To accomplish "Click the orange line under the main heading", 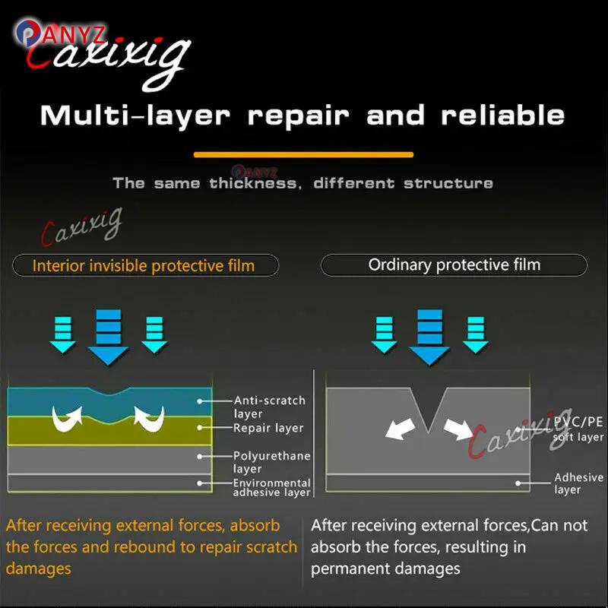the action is tap(303, 155).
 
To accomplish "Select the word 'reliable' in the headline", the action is tap(502, 115).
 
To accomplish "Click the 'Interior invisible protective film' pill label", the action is tap(145, 265).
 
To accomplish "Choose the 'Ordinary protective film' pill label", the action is tap(454, 264).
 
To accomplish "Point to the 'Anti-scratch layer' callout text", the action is tap(270, 407).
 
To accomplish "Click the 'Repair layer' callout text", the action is tap(268, 428).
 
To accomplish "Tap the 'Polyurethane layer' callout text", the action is tap(271, 462).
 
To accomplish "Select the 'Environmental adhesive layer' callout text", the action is tap(271, 488).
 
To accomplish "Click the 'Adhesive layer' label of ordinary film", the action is tap(578, 483).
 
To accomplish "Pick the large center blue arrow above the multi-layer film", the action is tap(108, 337).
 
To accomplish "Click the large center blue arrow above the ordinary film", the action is tap(429, 337).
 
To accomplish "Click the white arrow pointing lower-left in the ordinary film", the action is tap(401, 429).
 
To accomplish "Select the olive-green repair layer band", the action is tap(109, 430).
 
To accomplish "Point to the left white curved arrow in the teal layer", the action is tap(67, 419).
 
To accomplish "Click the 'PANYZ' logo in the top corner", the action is tap(60, 33).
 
